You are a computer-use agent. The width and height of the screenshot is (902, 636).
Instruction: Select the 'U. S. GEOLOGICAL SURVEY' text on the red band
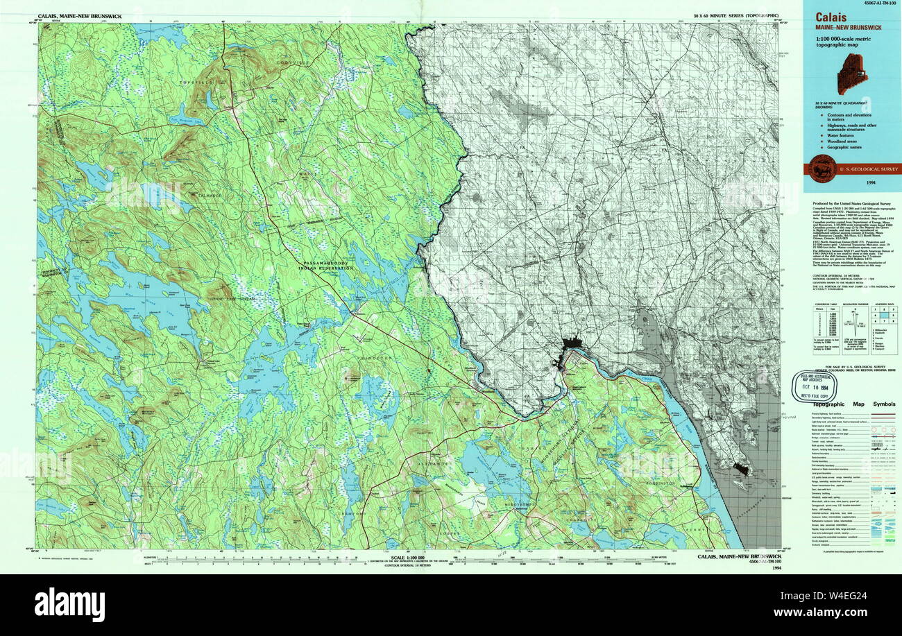pos(868,169)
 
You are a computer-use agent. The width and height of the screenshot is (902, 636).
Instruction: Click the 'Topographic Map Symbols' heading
pos(853,404)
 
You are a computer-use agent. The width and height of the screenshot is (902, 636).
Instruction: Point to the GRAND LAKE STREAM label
pos(232,298)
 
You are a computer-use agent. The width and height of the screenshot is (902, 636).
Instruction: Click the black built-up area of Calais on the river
pos(573,342)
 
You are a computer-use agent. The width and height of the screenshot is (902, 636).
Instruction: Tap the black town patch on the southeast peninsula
pos(741,470)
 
